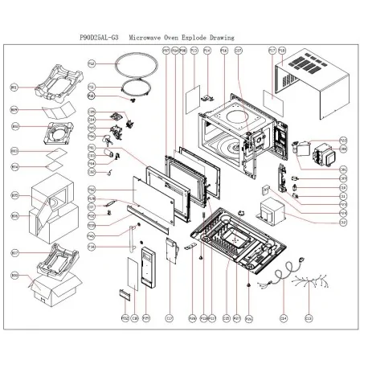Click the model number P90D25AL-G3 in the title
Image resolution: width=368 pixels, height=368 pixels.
[x=104, y=37]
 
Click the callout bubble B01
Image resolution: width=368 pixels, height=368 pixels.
[x=14, y=86]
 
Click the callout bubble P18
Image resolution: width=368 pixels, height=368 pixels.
[x=282, y=50]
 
